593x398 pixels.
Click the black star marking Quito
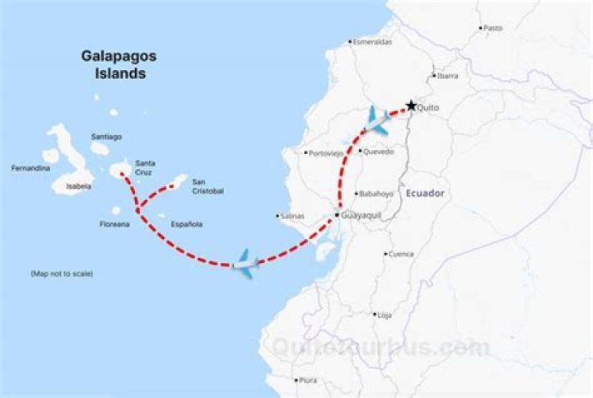(410, 105)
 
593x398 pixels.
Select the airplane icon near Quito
(378, 120)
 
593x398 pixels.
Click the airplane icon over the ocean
(245, 263)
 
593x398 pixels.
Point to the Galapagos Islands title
(119, 64)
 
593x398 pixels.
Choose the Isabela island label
(79, 186)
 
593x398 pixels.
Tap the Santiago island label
(106, 137)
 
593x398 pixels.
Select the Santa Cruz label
(145, 167)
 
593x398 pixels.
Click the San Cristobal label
(208, 186)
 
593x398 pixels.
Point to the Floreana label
(114, 224)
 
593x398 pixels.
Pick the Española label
(186, 224)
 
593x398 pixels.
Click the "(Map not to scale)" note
(62, 274)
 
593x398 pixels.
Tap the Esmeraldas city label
(373, 41)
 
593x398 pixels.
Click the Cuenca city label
(401, 254)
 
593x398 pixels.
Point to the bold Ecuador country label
(425, 193)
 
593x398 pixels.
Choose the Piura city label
(308, 380)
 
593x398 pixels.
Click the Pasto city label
(493, 28)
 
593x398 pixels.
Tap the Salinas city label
(292, 216)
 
